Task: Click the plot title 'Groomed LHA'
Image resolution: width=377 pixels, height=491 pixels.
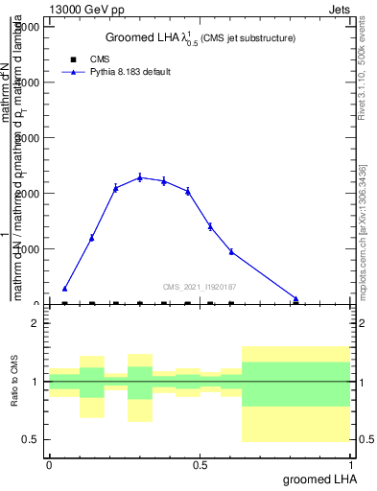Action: pyautogui.click(x=155, y=37)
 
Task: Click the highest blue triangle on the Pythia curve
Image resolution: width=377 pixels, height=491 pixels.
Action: pyautogui.click(x=140, y=177)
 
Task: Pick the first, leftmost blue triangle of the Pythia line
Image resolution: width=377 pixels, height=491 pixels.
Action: pyautogui.click(x=64, y=288)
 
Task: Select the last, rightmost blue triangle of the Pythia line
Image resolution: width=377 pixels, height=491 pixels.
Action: pyautogui.click(x=295, y=299)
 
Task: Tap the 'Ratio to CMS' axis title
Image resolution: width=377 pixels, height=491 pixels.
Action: pyautogui.click(x=15, y=383)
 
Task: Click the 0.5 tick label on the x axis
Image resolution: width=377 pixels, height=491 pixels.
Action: pyautogui.click(x=200, y=465)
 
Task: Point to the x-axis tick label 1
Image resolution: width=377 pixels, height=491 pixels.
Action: pyautogui.click(x=352, y=465)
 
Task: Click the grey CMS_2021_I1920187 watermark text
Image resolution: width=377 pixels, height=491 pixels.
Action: pyautogui.click(x=200, y=287)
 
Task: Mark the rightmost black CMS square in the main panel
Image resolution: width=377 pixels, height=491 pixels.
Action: pyautogui.click(x=231, y=304)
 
